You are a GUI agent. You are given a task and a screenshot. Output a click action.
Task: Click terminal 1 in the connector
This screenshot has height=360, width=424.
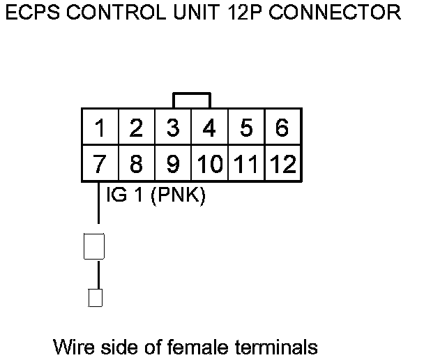pyautogui.click(x=100, y=128)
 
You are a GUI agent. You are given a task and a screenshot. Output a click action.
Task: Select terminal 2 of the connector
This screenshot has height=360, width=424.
pyautogui.click(x=137, y=128)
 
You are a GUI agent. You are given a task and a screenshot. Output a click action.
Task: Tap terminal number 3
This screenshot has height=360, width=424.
pyautogui.click(x=174, y=128)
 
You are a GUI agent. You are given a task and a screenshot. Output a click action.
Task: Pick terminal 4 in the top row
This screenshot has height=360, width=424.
pyautogui.click(x=209, y=128)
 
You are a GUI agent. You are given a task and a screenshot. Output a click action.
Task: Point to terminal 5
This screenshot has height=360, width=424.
pyautogui.click(x=246, y=128)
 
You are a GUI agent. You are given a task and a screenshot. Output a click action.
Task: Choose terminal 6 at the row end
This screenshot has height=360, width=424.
pyautogui.click(x=282, y=128)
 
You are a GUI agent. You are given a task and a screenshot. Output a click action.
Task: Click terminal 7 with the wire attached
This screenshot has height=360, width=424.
pyautogui.click(x=100, y=165)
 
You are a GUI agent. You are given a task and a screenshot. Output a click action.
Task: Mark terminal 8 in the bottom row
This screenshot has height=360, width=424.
pyautogui.click(x=137, y=165)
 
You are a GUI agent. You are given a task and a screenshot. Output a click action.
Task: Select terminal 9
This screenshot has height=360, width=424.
pyautogui.click(x=174, y=165)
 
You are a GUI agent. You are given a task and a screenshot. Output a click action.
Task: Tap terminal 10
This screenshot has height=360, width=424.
pyautogui.click(x=209, y=165)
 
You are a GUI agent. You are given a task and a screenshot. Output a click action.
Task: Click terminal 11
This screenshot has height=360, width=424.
pyautogui.click(x=246, y=165)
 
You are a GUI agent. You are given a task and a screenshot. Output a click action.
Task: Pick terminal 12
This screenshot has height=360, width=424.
pyautogui.click(x=282, y=165)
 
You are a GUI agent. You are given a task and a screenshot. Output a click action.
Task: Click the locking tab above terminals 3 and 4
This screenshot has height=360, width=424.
pyautogui.click(x=192, y=100)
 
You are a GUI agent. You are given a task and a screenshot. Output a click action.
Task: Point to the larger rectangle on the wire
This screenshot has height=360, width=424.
pyautogui.click(x=94, y=246)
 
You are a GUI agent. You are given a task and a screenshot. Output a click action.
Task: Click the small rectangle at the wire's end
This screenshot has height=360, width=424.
pyautogui.click(x=96, y=298)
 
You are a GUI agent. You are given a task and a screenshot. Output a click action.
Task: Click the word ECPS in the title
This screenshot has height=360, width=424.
pyautogui.click(x=33, y=13)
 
